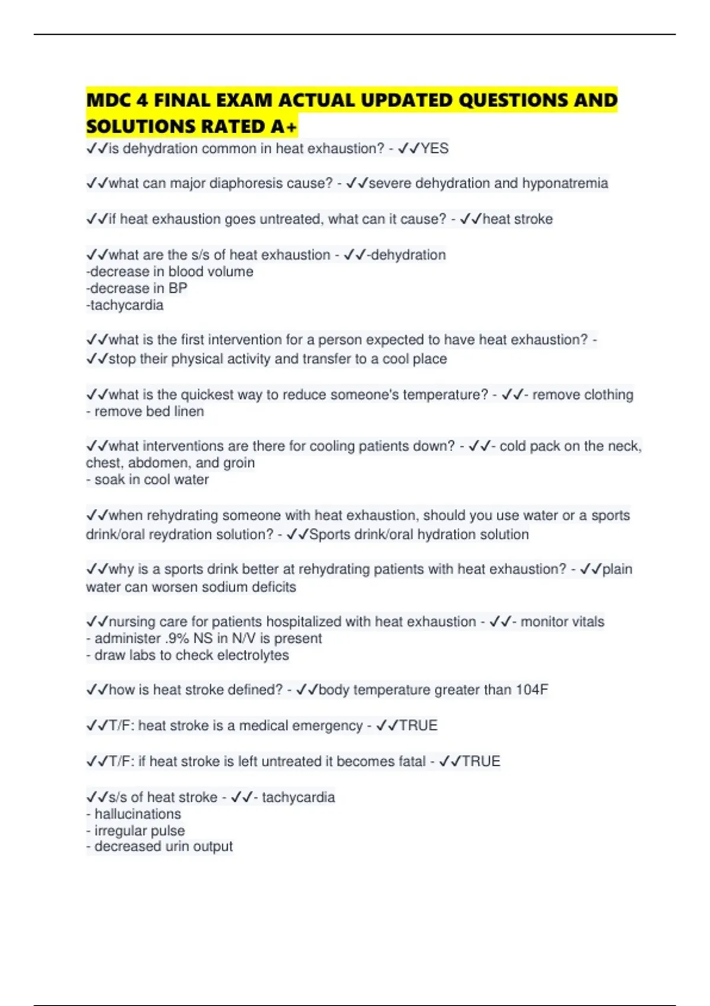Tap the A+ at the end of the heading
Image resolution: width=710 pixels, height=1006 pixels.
283,127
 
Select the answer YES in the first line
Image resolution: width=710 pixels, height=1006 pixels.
434,149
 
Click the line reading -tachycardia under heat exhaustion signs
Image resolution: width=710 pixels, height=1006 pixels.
125,305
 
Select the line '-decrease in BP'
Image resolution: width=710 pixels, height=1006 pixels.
137,288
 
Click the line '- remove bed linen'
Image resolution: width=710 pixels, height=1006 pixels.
145,411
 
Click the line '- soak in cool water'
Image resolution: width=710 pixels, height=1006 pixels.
147,479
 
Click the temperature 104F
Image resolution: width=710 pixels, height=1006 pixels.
532,690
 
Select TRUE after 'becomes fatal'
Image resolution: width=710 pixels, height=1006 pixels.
480,761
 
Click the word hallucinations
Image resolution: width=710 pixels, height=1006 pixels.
138,814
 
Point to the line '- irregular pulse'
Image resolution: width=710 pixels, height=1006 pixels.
135,830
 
